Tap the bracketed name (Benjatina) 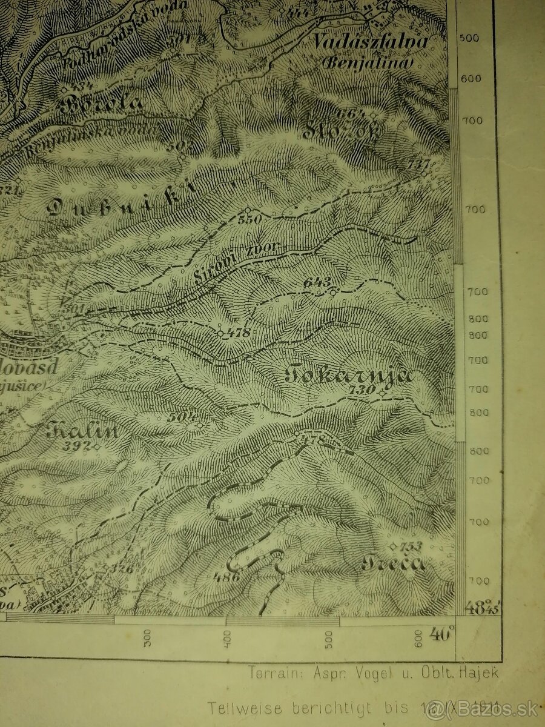pyautogui.click(x=367, y=62)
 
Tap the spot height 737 pyautogui.click(x=418, y=164)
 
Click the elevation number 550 pyautogui.click(x=249, y=219)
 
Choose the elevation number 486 pyautogui.click(x=226, y=577)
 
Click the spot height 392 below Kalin pyautogui.click(x=79, y=446)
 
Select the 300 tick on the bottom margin pyautogui.click(x=147, y=638)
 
